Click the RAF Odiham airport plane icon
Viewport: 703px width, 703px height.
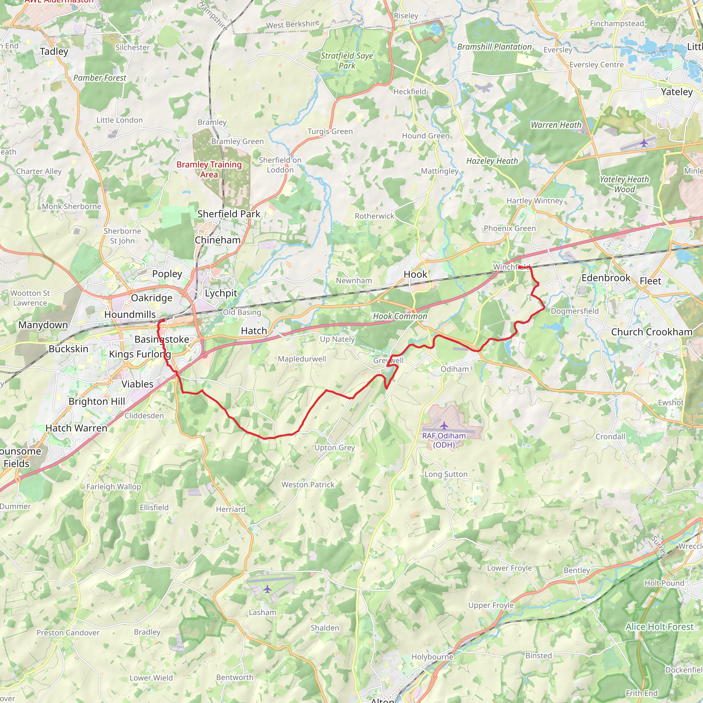point(444,425)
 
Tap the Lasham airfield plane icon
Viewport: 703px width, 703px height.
point(267,589)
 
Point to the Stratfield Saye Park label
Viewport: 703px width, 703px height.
point(347,61)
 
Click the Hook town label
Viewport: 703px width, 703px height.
point(415,274)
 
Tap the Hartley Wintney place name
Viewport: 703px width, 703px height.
point(534,201)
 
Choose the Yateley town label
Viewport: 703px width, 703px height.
point(677,92)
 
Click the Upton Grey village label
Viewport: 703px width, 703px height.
point(334,448)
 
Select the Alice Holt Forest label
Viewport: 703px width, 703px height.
point(659,626)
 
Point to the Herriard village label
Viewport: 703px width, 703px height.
point(231,509)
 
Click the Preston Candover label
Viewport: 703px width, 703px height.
point(68,633)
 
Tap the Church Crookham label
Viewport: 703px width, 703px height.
point(651,332)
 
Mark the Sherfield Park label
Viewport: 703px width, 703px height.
point(229,214)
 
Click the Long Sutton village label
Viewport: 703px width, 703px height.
point(446,474)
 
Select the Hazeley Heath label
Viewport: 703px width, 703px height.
point(492,161)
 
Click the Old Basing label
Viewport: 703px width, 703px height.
point(242,312)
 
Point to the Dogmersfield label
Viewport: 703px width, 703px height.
point(575,311)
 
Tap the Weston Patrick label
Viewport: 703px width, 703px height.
point(308,485)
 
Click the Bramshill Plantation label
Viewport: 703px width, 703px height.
point(494,47)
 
